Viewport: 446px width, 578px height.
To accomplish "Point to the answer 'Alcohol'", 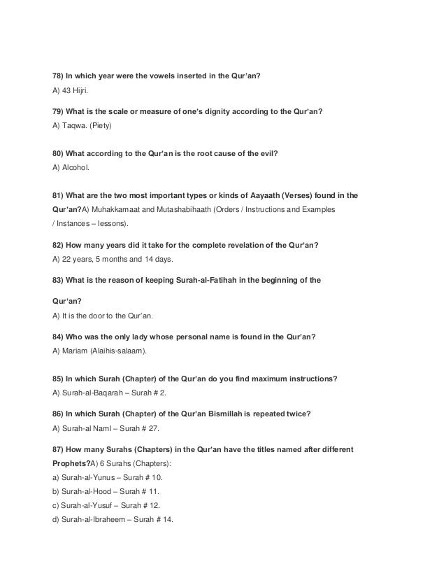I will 76,169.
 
